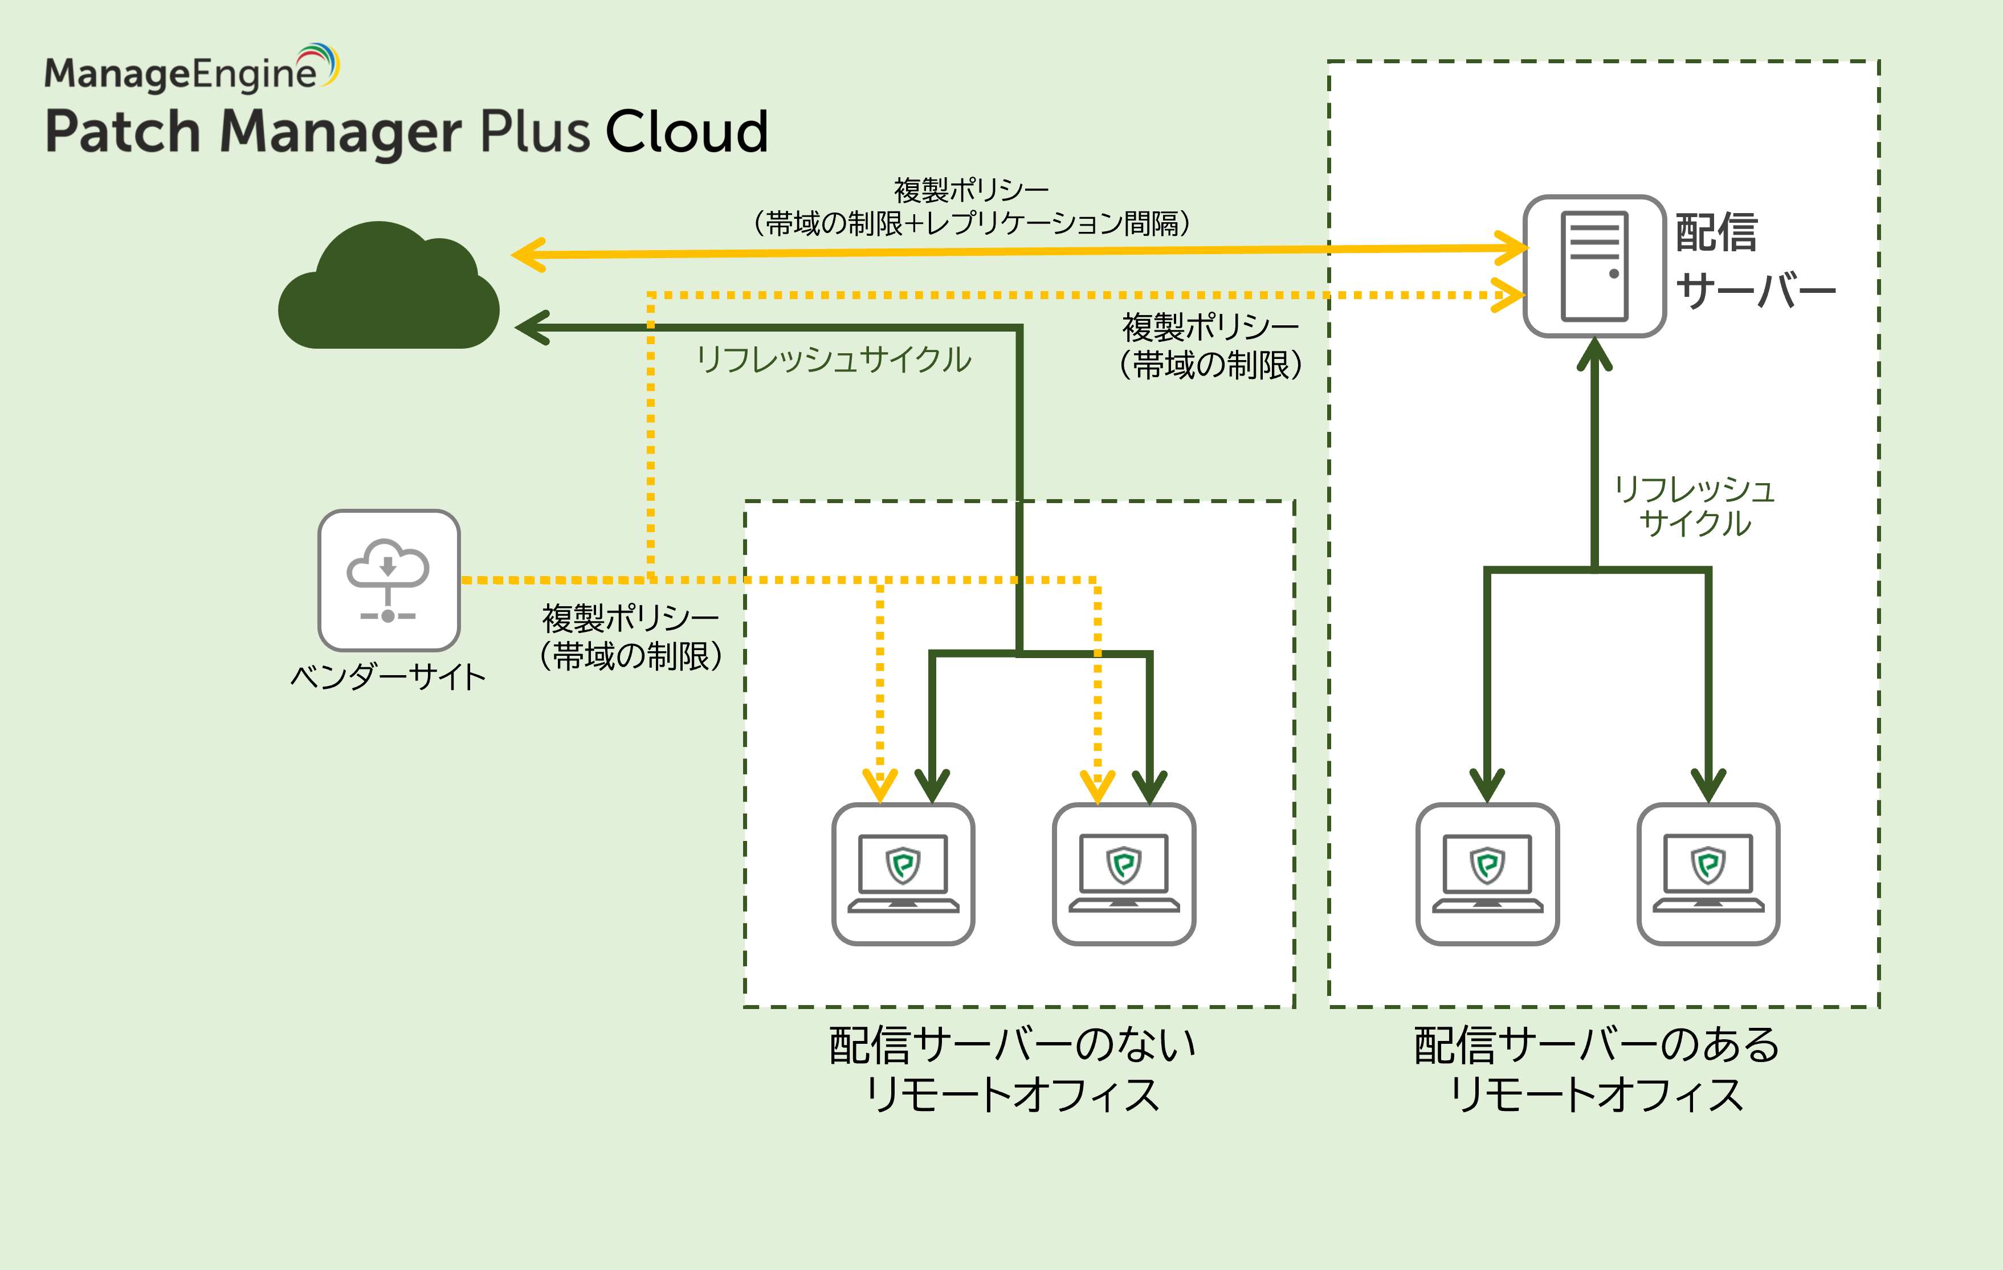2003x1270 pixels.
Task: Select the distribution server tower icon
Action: (x=1594, y=266)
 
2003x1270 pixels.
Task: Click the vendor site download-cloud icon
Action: (x=389, y=579)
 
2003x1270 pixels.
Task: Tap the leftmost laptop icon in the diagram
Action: (x=903, y=873)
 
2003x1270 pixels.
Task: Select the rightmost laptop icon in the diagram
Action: (x=1708, y=873)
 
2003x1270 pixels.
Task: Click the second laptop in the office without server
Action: (x=1124, y=873)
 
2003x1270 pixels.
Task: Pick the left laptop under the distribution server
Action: (x=1487, y=873)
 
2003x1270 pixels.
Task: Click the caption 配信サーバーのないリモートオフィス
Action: (x=1012, y=1069)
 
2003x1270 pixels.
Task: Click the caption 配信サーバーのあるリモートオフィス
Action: (x=1596, y=1069)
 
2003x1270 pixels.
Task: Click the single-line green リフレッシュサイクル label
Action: (x=834, y=360)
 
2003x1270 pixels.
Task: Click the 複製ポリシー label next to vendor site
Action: (x=630, y=637)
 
